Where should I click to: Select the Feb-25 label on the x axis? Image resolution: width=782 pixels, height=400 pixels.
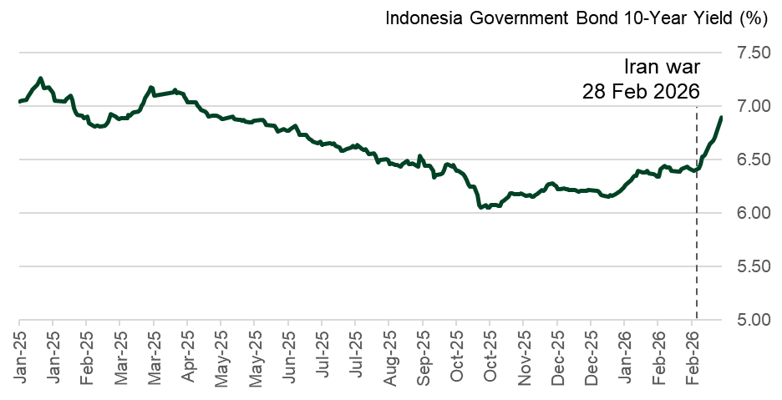(87, 356)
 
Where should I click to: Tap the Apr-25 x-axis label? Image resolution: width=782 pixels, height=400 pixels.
(188, 356)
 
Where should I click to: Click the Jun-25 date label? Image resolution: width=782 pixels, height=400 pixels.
(289, 356)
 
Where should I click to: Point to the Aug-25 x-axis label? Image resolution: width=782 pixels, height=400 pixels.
(389, 356)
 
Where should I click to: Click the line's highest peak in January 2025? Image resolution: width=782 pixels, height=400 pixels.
(40, 78)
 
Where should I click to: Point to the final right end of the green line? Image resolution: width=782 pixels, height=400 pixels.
(722, 116)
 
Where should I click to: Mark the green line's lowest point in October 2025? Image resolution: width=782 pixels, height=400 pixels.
(481, 207)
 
